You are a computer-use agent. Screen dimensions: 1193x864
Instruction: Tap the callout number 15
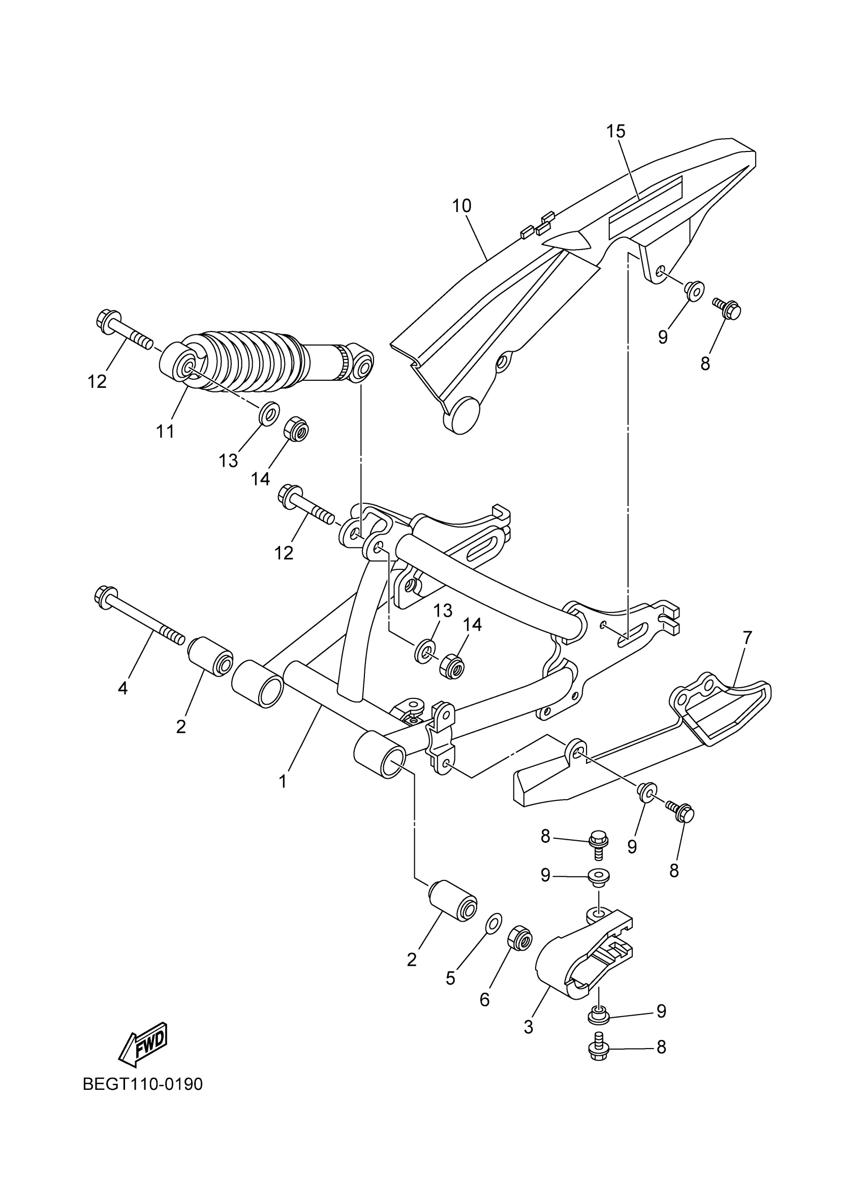point(615,131)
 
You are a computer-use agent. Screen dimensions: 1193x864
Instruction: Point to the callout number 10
point(461,206)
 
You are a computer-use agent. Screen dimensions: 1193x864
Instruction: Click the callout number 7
point(747,637)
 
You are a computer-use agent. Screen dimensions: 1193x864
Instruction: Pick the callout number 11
point(165,432)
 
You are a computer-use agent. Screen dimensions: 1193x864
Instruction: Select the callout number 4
point(122,688)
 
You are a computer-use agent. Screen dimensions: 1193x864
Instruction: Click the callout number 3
point(529,1026)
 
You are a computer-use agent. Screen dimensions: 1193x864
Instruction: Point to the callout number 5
point(450,978)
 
